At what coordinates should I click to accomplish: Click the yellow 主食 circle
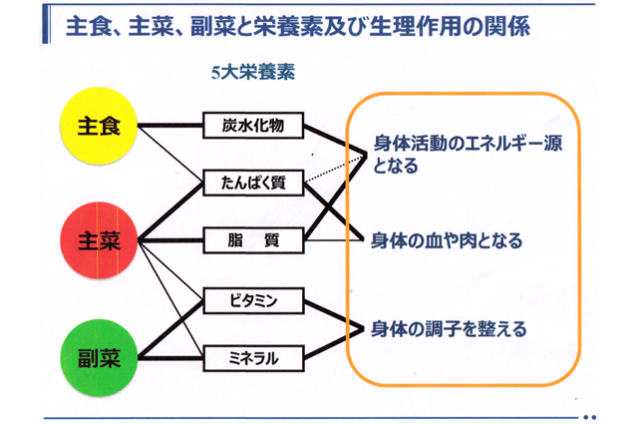(x=99, y=126)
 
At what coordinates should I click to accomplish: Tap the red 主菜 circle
(x=99, y=240)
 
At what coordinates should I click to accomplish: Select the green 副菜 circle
(x=99, y=358)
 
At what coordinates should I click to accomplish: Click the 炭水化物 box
(x=253, y=126)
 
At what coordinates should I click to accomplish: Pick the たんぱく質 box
(x=253, y=183)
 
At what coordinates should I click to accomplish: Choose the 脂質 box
(x=253, y=240)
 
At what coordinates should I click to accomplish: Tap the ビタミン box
(x=253, y=301)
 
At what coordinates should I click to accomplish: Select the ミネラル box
(x=253, y=358)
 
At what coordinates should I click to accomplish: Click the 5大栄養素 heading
(x=253, y=73)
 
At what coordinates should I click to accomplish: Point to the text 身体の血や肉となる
(x=447, y=240)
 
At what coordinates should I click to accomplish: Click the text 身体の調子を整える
(x=449, y=329)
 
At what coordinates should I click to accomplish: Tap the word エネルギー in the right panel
(x=504, y=144)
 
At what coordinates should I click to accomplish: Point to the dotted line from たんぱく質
(x=335, y=169)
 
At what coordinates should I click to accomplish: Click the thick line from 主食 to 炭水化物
(x=170, y=126)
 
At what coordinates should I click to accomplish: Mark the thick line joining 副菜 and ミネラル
(x=170, y=358)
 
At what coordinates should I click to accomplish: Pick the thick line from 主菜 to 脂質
(x=170, y=240)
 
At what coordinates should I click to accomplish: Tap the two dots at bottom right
(x=589, y=417)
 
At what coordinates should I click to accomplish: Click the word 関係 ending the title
(x=510, y=26)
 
